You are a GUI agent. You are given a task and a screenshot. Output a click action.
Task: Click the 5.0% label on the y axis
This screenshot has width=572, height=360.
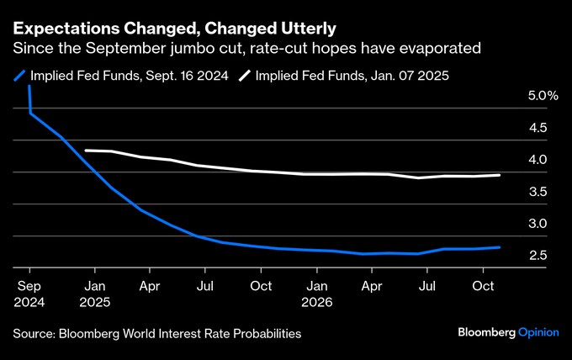point(543,96)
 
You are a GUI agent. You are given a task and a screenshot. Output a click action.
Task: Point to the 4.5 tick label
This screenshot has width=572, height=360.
point(538,128)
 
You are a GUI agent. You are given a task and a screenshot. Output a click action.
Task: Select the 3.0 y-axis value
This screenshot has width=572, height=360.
point(538,224)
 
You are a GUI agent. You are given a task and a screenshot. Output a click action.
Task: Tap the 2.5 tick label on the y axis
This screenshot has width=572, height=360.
point(538,256)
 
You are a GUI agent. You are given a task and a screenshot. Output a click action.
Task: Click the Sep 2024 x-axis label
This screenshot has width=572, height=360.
point(29,294)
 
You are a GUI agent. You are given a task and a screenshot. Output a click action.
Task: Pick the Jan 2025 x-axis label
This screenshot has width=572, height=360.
point(94,294)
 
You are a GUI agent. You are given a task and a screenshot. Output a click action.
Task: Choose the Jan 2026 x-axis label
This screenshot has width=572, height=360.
point(316,294)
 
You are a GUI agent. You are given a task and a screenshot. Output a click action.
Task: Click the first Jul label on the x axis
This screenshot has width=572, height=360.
point(204,286)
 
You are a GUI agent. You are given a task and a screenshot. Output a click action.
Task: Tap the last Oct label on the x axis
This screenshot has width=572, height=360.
point(481,286)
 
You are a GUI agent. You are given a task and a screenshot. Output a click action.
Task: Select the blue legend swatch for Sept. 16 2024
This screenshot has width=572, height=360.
point(19,76)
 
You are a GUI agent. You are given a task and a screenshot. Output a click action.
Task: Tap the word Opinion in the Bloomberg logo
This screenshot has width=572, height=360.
point(538,332)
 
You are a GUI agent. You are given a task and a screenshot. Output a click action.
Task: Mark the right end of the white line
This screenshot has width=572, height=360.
point(500,175)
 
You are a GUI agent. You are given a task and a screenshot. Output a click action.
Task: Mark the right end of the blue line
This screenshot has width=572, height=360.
point(500,247)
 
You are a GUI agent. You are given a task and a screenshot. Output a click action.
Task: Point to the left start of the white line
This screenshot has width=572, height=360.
point(86,151)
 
